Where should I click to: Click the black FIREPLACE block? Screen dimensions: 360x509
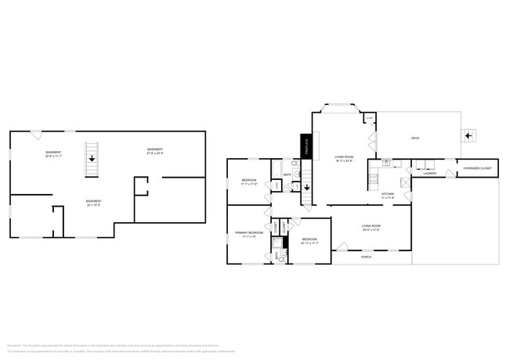tap(306, 146)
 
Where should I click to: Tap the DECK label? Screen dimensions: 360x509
tap(416, 139)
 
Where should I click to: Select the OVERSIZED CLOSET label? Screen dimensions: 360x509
tap(477, 168)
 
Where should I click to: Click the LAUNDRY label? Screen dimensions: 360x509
tap(430, 173)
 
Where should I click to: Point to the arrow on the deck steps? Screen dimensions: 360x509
tap(468, 135)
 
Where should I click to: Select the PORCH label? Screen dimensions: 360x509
tap(366, 257)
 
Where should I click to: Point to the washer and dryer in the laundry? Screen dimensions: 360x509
tap(427, 165)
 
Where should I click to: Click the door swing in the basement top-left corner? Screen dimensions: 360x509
tap(36, 135)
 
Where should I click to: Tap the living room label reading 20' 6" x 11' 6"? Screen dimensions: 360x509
tap(371, 229)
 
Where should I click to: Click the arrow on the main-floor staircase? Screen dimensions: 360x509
tap(306, 188)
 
